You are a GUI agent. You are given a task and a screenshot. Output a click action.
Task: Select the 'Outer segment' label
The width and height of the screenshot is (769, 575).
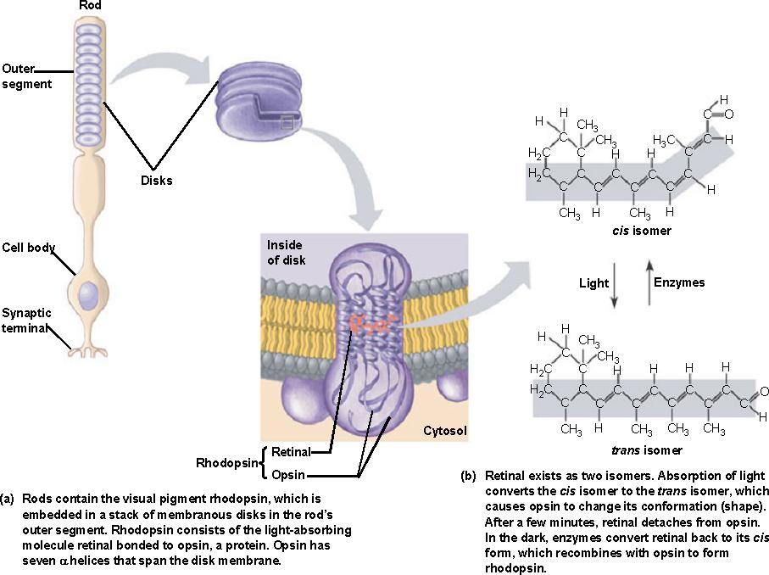pyautogui.click(x=26, y=76)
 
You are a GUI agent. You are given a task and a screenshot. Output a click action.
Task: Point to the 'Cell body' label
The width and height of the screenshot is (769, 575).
pyautogui.click(x=29, y=248)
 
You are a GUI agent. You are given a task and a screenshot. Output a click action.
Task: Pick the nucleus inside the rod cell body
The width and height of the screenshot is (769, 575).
pyautogui.click(x=88, y=296)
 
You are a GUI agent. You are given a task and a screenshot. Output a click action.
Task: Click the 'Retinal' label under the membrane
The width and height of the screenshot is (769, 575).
pyautogui.click(x=291, y=452)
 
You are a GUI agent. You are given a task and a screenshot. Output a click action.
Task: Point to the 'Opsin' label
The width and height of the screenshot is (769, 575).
pyautogui.click(x=289, y=474)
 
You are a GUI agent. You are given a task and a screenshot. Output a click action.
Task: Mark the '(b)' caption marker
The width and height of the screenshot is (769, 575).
pyautogui.click(x=468, y=475)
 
